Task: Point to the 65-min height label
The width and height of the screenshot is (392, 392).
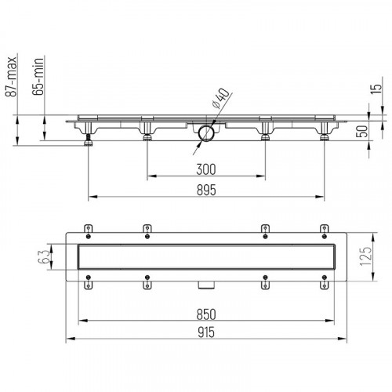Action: click(x=38, y=78)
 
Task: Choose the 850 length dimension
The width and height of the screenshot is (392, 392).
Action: click(x=205, y=313)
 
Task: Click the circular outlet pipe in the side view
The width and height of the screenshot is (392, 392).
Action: click(x=206, y=133)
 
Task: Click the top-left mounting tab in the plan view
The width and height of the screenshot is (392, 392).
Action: click(x=89, y=228)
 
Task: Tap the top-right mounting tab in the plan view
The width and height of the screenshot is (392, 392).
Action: click(x=323, y=228)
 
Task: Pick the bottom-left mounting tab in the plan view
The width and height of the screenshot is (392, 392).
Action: click(x=89, y=284)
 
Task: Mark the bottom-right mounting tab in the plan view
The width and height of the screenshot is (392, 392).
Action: click(x=323, y=284)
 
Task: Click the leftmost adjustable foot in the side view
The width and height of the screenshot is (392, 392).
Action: click(x=89, y=140)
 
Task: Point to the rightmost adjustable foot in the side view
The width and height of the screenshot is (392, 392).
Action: click(x=323, y=138)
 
